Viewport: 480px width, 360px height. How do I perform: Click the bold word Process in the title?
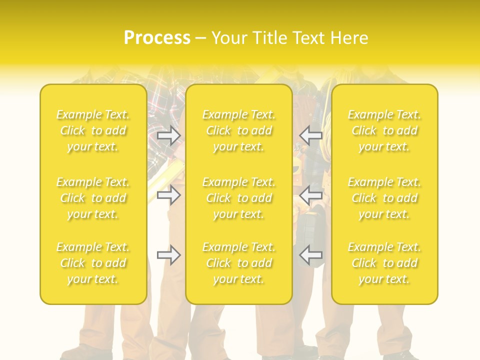157,38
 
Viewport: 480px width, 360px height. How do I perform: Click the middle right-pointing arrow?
168,195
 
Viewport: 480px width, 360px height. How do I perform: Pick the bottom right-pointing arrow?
168,255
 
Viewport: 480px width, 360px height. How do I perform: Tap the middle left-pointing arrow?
311,195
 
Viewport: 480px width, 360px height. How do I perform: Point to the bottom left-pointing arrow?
311,255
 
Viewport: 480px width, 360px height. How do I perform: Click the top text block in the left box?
93,130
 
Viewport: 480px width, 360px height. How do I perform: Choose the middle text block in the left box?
93,198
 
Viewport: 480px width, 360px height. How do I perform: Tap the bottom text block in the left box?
93,263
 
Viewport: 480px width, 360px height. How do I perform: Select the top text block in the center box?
239,130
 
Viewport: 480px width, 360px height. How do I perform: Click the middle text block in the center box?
239,198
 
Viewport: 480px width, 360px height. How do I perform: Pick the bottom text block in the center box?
239,263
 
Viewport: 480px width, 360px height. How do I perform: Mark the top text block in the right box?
384,130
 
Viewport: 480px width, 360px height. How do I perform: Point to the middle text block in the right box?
384,198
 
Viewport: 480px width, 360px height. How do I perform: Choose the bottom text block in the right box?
384,263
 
